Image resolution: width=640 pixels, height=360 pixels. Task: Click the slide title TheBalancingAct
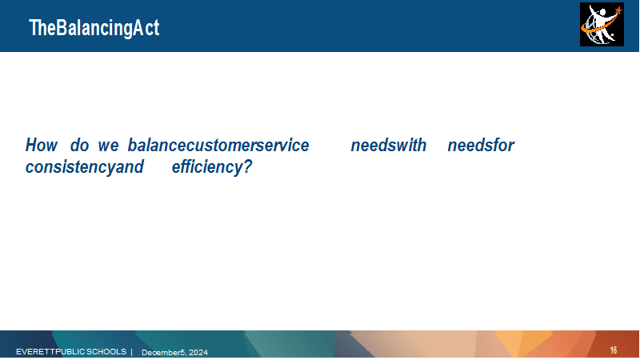coord(94,28)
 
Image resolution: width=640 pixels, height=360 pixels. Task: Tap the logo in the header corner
coord(602,25)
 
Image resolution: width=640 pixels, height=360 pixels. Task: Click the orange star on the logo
coord(618,10)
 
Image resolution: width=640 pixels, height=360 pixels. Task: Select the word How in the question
coord(42,145)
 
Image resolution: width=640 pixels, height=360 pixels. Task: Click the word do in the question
coord(79,145)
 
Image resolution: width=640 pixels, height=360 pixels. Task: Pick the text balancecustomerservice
coord(218,145)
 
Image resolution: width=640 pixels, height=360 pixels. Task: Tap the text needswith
coord(389,145)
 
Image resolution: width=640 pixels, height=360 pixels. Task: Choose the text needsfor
coord(481,145)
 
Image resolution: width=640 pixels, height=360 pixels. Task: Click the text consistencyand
coord(85,167)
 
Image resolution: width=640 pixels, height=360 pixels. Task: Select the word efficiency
coord(206,167)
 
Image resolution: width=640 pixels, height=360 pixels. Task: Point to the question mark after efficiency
coord(247,166)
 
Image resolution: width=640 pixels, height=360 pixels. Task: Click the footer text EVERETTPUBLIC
coord(50,351)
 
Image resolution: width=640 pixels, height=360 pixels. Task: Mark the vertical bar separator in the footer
coord(131,352)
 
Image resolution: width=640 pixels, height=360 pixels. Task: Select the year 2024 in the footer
coord(198,352)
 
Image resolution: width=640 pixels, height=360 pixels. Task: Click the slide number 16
coord(614,350)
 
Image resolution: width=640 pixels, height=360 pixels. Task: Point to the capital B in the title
coord(61,28)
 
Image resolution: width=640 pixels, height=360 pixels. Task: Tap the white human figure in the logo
coord(601,22)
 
